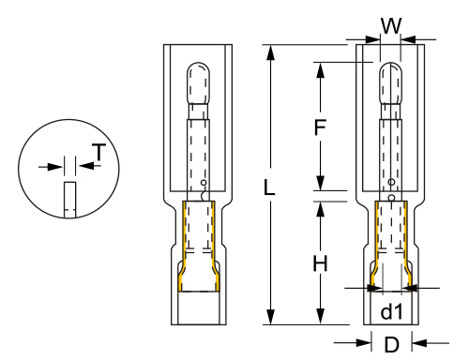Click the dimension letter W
[391, 26]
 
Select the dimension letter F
[320, 127]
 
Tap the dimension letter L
[269, 187]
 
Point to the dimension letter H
[320, 263]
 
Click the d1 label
[391, 311]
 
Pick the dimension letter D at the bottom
[392, 344]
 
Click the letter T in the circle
[99, 152]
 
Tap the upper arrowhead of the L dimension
[270, 52]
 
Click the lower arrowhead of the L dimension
[270, 317]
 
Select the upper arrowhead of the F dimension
[320, 70]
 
